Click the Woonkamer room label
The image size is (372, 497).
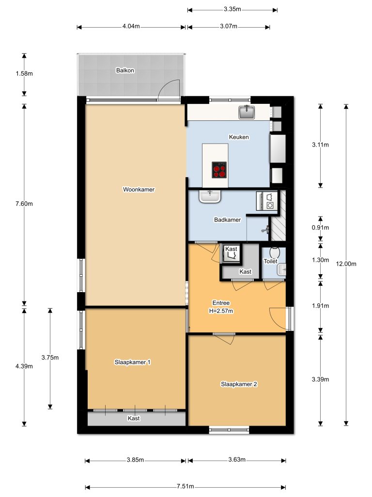[139, 190]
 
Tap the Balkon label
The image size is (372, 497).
[125, 70]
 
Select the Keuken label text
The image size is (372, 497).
[239, 137]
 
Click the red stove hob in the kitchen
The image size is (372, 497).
[219, 169]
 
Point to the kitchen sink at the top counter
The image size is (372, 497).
[247, 113]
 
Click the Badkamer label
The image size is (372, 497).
[227, 220]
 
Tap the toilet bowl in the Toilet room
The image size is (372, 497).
[275, 253]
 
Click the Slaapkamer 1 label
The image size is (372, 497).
[132, 362]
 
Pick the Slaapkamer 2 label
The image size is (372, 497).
[238, 384]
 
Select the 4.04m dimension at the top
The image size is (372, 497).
[131, 27]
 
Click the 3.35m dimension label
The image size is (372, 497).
[232, 9]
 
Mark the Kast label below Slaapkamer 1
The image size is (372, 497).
[134, 418]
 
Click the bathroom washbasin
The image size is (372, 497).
[210, 197]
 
